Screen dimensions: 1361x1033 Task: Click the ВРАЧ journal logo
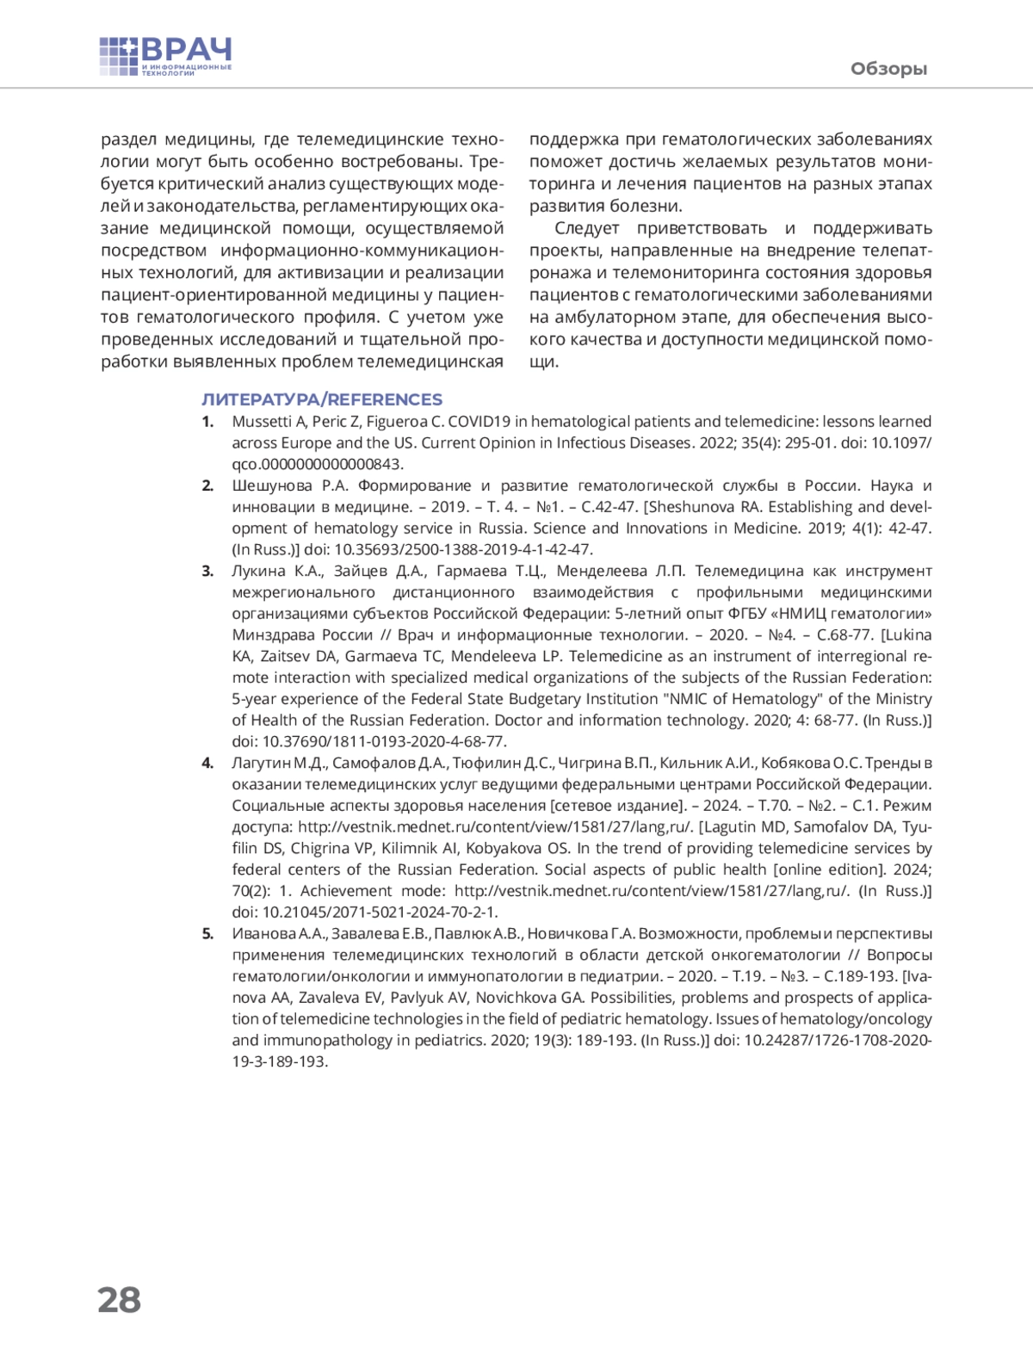(x=166, y=57)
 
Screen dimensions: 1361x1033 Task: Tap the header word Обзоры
(x=888, y=69)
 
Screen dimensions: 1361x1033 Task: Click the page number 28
(x=120, y=1299)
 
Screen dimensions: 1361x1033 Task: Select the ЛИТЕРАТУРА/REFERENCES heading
(x=322, y=399)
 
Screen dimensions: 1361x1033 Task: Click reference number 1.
(x=207, y=422)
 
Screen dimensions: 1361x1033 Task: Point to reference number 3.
(x=207, y=571)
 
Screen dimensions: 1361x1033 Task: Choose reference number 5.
(x=207, y=934)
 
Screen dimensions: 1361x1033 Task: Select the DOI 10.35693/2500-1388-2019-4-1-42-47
(x=463, y=549)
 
